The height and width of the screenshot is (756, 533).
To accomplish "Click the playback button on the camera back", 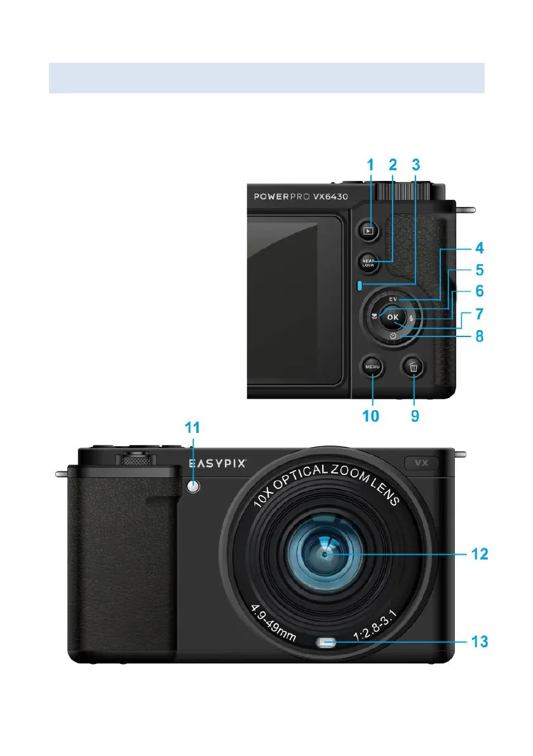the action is [x=368, y=231].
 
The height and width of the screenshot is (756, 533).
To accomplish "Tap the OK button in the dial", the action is [x=393, y=317].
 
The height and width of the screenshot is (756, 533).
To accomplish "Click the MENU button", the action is [x=372, y=366].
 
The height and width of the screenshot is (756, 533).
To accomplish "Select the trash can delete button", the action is [x=414, y=366].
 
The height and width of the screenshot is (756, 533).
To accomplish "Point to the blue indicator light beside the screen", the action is [x=360, y=286].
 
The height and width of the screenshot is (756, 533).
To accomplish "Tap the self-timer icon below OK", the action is [x=393, y=335].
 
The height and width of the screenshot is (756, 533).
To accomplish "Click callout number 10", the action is [x=370, y=416].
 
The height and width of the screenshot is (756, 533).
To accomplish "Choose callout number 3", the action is [x=416, y=165].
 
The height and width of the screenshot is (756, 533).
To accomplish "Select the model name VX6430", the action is [x=331, y=197].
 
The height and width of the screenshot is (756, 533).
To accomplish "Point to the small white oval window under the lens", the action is [x=326, y=643].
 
